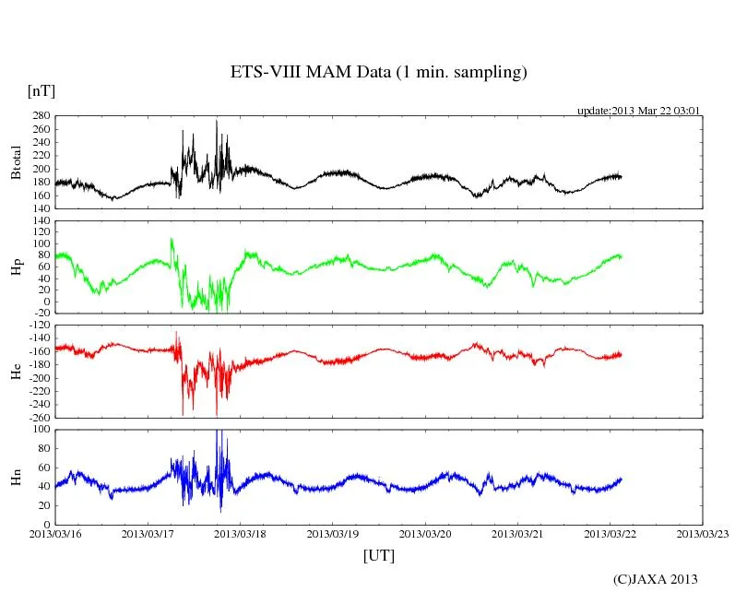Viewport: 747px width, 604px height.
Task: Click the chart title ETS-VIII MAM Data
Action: pos(378,73)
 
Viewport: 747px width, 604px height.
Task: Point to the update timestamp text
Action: pos(639,111)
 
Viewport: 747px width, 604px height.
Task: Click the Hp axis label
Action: pos(16,267)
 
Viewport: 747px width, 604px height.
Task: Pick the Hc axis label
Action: pos(16,372)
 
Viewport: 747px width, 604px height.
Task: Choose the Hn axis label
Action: pos(16,477)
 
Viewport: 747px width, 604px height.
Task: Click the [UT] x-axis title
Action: pos(379,555)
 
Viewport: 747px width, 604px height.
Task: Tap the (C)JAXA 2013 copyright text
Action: pos(655,579)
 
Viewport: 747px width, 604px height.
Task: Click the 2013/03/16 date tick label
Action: pos(55,534)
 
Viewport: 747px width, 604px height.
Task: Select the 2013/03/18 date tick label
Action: pos(241,534)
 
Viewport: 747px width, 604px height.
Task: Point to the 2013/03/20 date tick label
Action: pos(426,534)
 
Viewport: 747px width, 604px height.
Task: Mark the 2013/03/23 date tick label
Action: pos(703,534)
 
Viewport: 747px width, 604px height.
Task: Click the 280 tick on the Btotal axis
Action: pos(41,117)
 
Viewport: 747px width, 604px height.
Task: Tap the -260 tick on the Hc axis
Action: pos(39,417)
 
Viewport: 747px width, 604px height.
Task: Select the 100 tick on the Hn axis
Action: pos(41,430)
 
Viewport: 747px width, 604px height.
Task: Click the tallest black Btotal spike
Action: pos(217,122)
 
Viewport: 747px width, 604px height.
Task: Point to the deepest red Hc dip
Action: pos(217,414)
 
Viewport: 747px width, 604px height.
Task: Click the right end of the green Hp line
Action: pos(622,255)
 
